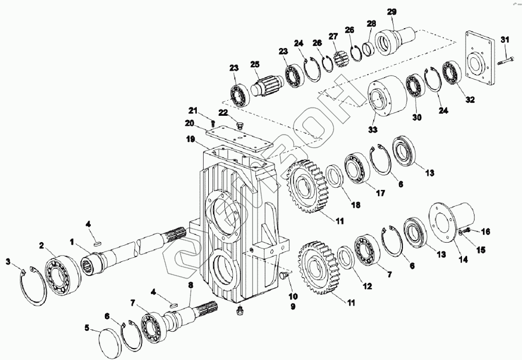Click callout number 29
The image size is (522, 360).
(x=391, y=11)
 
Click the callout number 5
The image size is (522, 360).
(x=87, y=328)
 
